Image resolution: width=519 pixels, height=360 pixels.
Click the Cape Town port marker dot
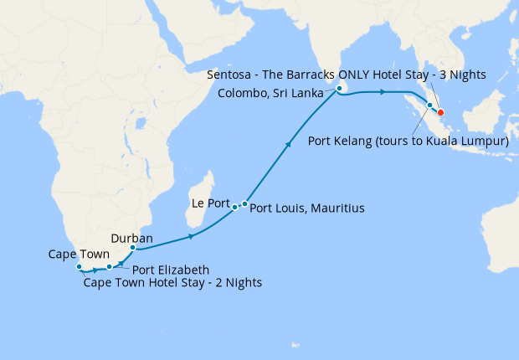[80, 267]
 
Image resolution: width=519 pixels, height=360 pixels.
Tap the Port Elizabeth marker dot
[110, 267]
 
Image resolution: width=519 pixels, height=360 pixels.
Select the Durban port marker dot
[133, 248]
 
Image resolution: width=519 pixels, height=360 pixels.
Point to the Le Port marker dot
[235, 206]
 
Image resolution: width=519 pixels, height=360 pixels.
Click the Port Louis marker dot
[244, 203]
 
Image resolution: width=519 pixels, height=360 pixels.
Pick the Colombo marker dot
[339, 89]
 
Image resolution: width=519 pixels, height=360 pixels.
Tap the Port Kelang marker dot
[429, 105]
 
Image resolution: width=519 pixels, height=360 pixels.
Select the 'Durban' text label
[131, 238]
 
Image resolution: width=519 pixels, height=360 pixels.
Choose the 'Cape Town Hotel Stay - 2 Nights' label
[172, 283]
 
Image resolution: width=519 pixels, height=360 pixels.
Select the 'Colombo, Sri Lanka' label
[270, 93]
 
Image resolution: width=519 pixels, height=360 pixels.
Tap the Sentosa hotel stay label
[347, 75]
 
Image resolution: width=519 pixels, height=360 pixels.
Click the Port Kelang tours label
[409, 141]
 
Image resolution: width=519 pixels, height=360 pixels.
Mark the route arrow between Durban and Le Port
[193, 237]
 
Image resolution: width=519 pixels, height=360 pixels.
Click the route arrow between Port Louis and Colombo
[290, 144]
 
